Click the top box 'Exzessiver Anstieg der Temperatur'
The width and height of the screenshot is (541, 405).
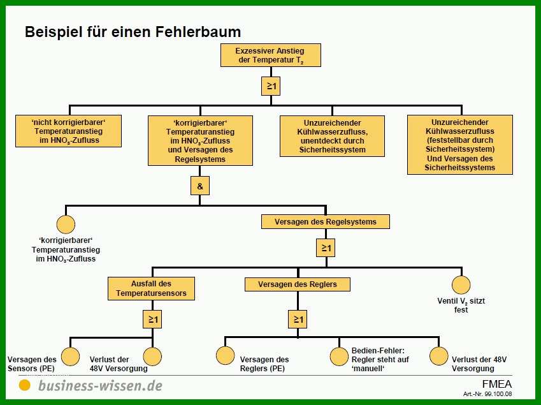270,55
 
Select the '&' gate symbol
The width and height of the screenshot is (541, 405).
200,186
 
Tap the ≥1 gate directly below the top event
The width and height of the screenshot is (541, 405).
271,86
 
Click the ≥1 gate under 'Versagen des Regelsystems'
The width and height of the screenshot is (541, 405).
326,248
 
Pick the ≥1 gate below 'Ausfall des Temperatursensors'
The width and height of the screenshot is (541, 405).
152,320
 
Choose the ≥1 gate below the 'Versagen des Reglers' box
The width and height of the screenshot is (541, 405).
298,320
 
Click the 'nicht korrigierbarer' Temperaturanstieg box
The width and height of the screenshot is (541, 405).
68,131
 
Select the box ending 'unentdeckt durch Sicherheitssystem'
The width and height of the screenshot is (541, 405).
332,136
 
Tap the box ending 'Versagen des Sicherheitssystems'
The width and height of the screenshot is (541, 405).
460,145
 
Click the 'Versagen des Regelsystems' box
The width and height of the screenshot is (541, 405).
326,222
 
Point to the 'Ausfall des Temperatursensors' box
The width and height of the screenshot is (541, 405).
151,288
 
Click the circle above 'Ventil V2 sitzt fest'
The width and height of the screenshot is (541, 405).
461,285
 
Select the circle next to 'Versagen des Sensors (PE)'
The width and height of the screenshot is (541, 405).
70,357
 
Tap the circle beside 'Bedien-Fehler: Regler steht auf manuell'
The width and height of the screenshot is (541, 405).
339,357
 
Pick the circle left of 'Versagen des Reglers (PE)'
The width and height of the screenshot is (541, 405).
226,356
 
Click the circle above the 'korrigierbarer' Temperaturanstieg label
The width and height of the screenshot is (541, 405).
66,225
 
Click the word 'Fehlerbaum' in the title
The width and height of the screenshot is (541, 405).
198,32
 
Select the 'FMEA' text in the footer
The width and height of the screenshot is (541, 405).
497,385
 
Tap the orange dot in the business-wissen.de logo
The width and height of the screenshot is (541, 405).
24,385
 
